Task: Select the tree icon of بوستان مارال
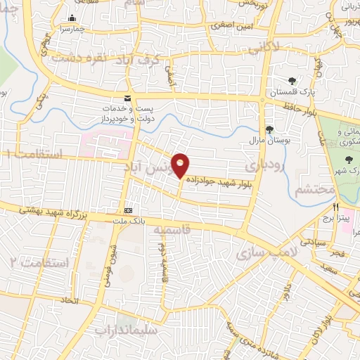tap(269, 129)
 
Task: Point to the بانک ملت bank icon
tap(127, 210)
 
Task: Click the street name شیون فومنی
tap(112, 257)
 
